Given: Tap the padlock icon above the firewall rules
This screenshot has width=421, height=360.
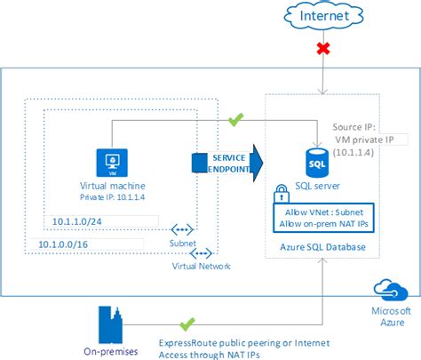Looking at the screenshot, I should coord(282,194).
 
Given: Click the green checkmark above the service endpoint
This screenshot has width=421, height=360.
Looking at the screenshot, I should coord(235,117).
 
